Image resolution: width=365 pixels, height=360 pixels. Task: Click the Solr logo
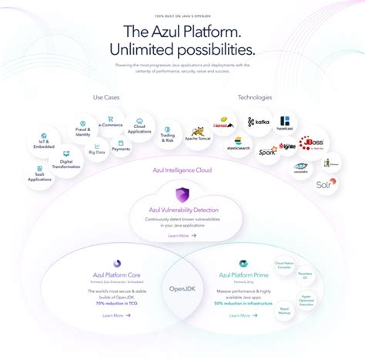(x=325, y=183)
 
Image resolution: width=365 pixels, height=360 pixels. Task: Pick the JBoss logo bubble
(x=313, y=144)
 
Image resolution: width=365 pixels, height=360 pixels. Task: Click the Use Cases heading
(x=106, y=98)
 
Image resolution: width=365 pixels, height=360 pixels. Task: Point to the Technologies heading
(x=254, y=98)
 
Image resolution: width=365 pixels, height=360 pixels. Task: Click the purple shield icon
(x=182, y=194)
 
